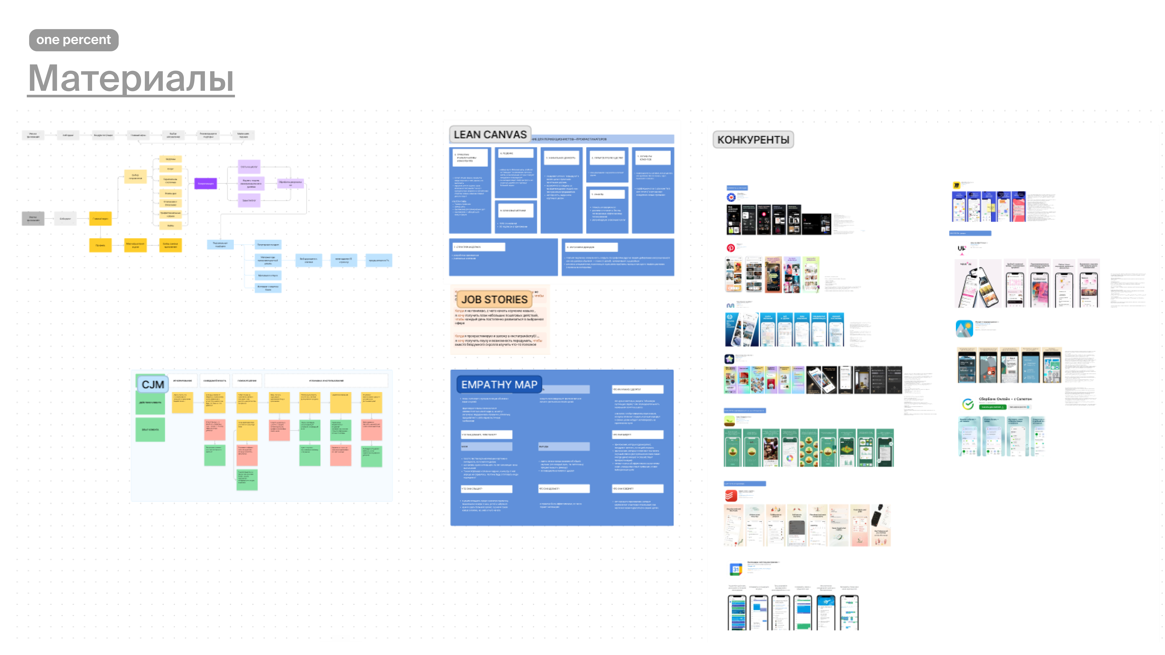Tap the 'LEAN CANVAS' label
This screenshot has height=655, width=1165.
490,135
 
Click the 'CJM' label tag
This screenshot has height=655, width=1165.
153,385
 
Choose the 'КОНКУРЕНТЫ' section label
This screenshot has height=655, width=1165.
753,140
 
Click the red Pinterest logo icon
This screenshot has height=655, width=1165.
730,248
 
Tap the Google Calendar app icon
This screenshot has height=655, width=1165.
736,569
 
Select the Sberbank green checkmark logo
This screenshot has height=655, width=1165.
967,404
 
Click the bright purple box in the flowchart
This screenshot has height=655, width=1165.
205,184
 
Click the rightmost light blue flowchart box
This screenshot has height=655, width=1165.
379,260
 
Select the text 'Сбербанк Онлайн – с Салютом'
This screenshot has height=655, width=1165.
1005,399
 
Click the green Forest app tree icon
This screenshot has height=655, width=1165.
729,421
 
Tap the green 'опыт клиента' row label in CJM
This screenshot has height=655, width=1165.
150,429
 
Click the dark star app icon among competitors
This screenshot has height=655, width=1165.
729,359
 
